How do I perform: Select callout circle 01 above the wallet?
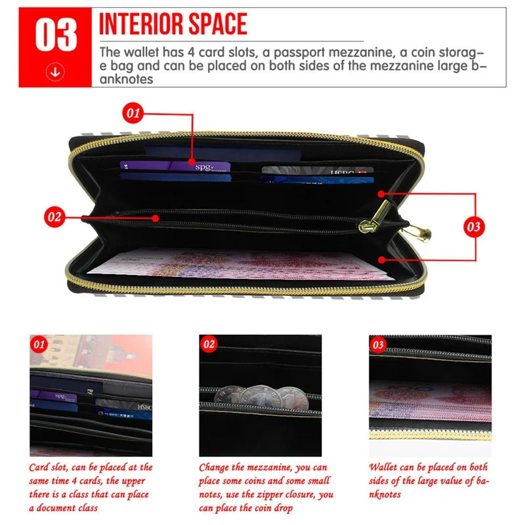pos(134,113)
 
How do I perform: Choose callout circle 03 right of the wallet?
pos(472,227)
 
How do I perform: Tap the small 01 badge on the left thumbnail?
pos(39,343)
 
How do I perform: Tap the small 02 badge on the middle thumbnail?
pos(209,344)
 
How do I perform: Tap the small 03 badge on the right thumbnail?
pos(378,344)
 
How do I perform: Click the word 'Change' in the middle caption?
pos(218,468)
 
